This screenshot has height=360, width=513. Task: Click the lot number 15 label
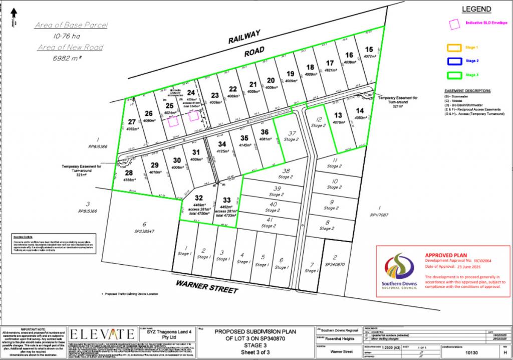369,49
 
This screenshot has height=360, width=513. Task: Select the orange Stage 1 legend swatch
454,48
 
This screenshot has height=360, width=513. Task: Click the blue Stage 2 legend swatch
454,61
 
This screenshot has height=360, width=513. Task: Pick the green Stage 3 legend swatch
454,75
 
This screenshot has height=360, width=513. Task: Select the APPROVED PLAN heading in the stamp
443,255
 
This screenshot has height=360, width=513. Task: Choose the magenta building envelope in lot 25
173,121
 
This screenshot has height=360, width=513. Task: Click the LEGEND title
476,9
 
